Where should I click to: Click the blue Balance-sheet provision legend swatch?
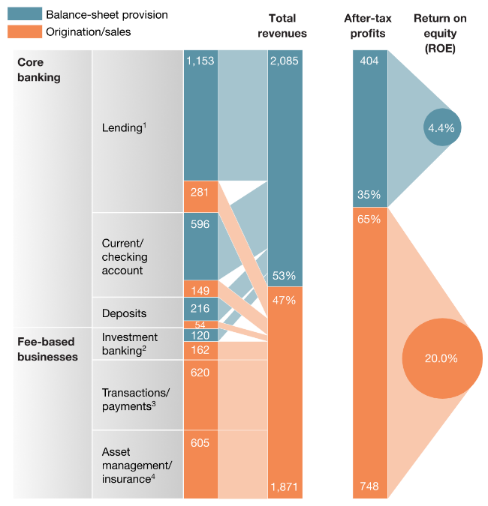coord(25,15)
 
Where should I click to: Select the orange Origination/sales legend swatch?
coord(25,31)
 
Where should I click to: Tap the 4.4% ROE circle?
coord(441,127)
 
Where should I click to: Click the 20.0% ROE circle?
coord(441,358)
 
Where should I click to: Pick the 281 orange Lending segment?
coord(200,193)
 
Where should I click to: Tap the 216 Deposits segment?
coord(200,308)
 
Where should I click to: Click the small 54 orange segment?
coord(200,324)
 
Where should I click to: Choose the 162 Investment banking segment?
coord(200,349)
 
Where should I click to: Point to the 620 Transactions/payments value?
coord(200,373)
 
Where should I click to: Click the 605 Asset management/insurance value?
coord(200,443)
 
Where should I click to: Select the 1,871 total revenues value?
coord(284,488)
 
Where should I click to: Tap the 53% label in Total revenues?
coord(285,276)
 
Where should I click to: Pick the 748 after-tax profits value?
coord(370,487)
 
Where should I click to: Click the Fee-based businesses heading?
coord(47,349)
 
